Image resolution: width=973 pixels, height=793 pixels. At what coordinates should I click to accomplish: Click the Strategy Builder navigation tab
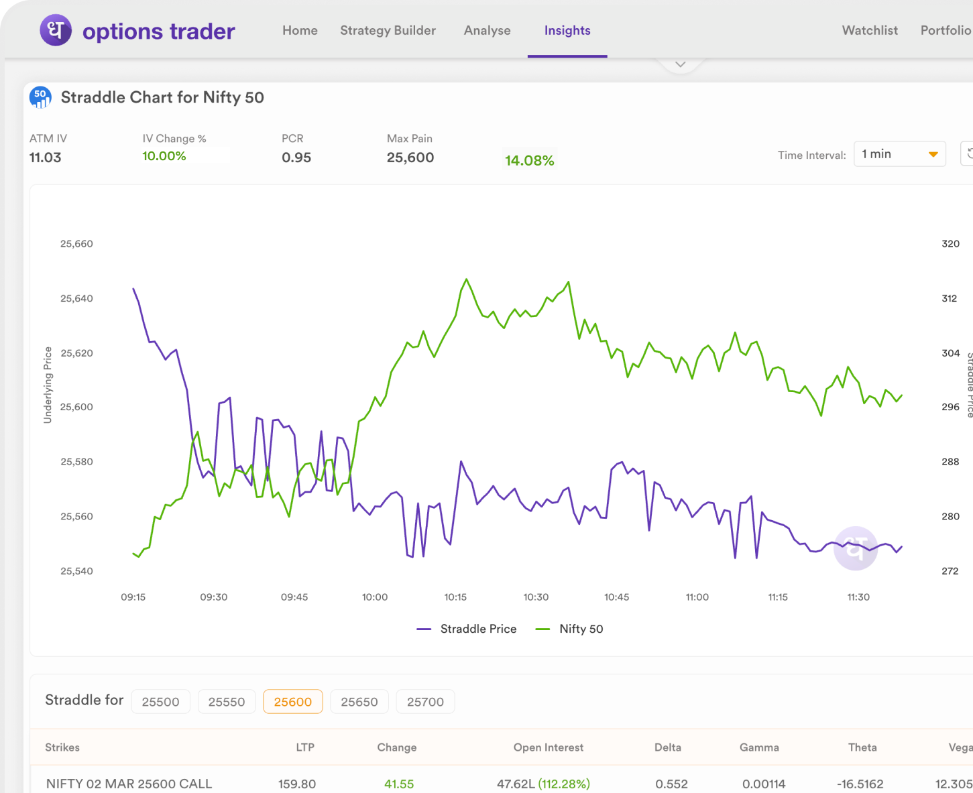(388, 31)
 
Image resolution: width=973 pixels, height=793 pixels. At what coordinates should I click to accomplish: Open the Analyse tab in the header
(487, 31)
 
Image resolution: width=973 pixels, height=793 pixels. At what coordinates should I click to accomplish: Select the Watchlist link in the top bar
(870, 31)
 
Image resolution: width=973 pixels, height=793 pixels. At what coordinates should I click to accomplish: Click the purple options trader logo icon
(56, 31)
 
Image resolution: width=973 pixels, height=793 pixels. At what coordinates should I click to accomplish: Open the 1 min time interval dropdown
(899, 154)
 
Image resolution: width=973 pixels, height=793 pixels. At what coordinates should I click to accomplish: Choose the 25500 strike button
(161, 702)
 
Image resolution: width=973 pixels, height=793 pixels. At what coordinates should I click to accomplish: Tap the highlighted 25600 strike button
(293, 702)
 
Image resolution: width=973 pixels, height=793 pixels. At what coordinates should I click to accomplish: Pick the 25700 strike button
(425, 702)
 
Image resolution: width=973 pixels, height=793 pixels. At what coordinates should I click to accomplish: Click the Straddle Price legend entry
(467, 629)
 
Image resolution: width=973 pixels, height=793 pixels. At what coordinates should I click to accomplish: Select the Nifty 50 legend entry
(570, 629)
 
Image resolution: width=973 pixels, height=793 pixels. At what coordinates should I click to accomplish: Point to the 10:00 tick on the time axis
(375, 597)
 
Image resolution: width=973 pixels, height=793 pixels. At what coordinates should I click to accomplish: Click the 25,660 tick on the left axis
(76, 244)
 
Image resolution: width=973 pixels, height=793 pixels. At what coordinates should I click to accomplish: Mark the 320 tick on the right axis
(950, 244)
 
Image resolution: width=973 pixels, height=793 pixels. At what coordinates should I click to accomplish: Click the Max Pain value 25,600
(410, 158)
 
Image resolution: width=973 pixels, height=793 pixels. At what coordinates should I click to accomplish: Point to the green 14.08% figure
(530, 161)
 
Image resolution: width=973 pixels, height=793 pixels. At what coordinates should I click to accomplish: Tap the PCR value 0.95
(296, 158)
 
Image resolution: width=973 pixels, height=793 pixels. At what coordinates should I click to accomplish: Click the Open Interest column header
(548, 747)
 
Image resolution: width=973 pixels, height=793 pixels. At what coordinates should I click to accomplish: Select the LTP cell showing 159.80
(297, 784)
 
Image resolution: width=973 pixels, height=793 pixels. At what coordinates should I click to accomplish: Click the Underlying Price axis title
(48, 385)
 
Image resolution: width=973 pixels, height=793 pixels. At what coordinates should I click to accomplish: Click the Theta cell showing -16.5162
(860, 784)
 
